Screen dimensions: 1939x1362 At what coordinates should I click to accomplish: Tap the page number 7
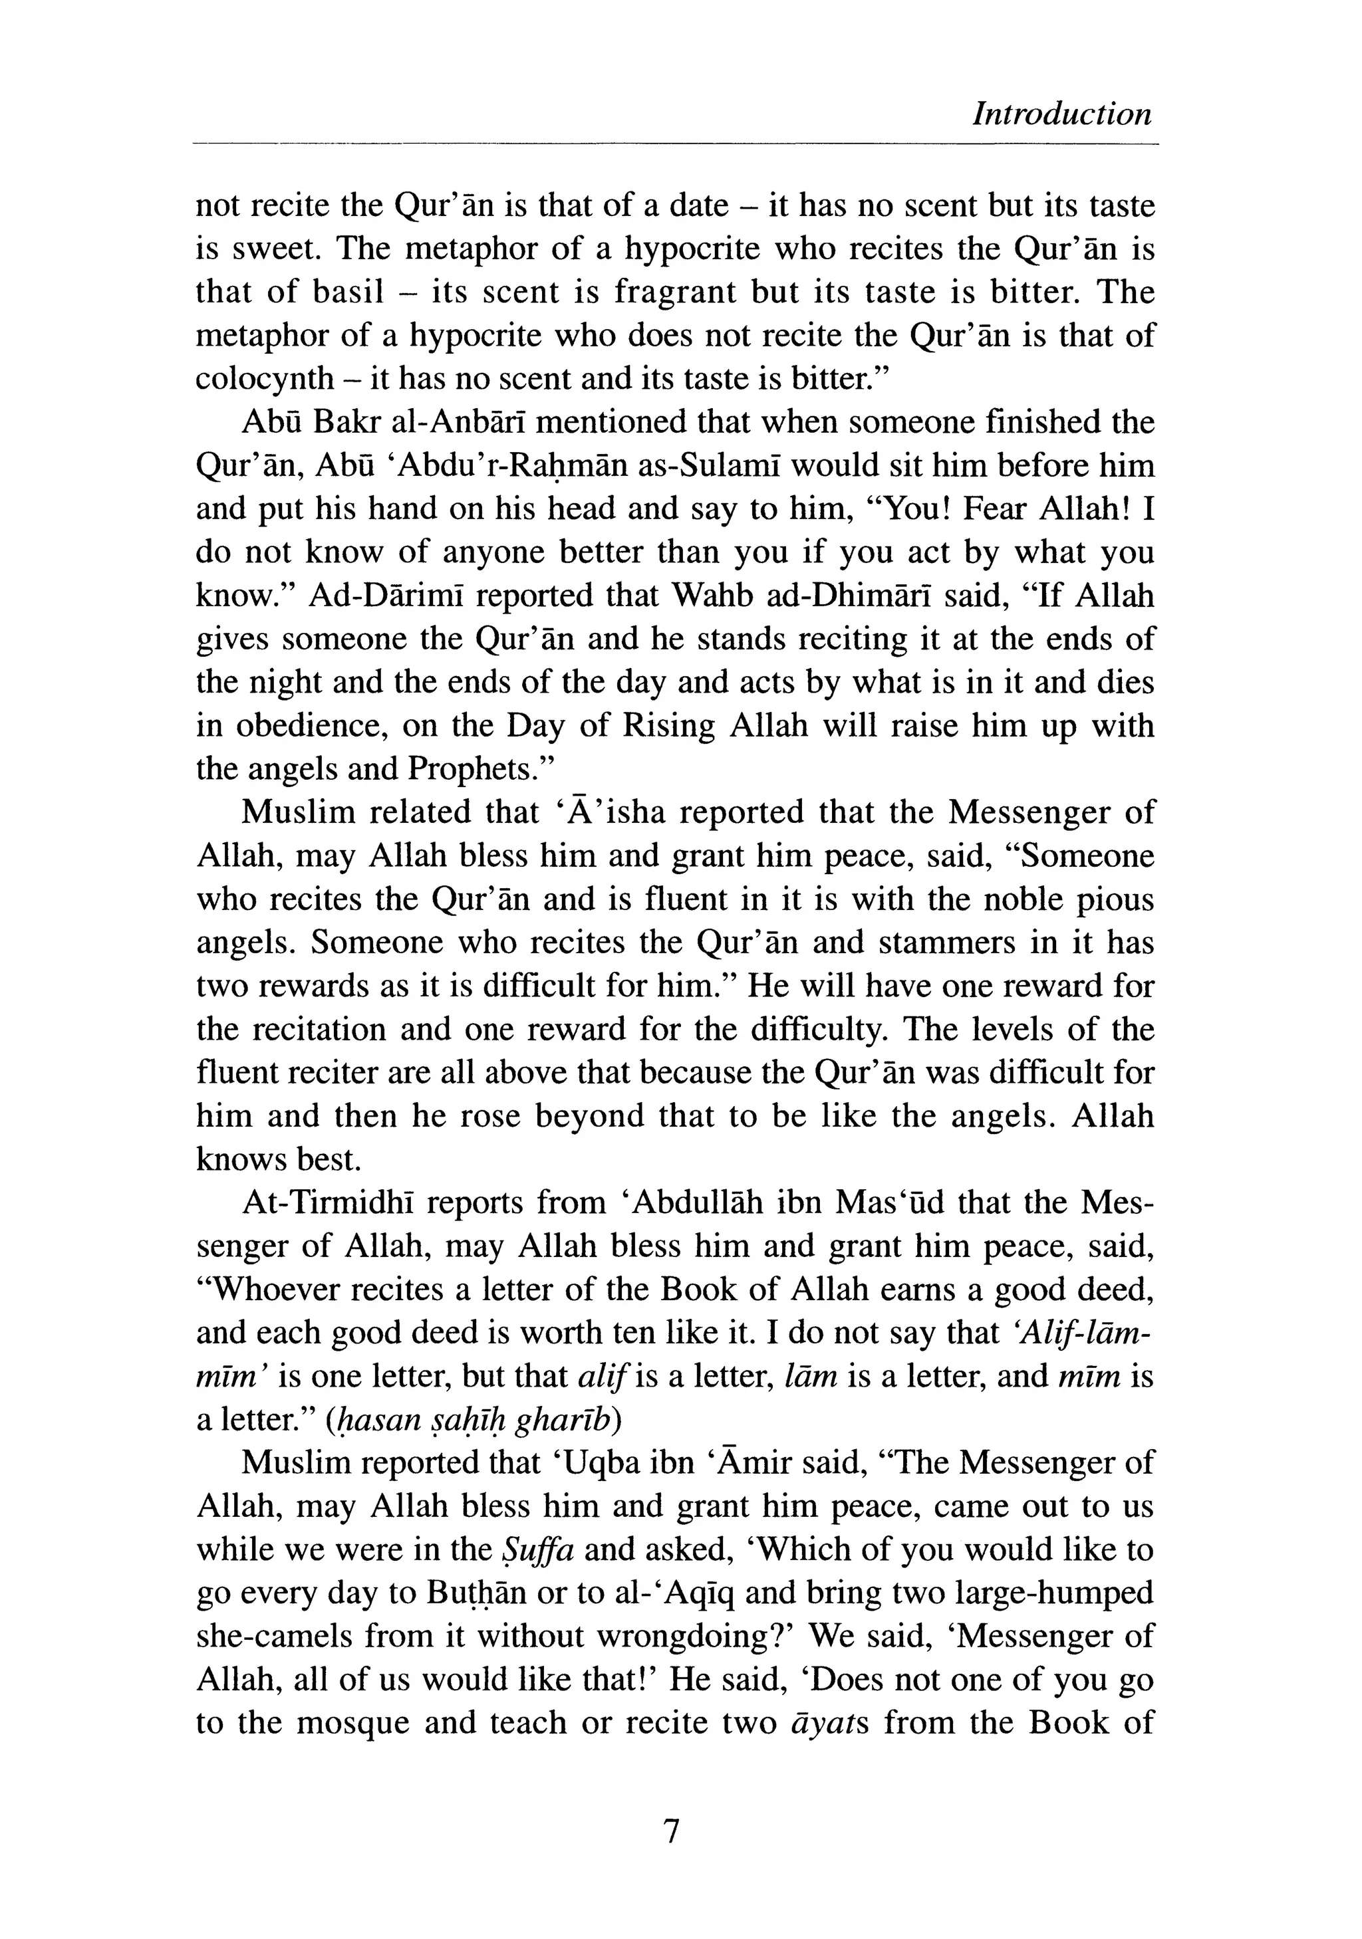point(672,1832)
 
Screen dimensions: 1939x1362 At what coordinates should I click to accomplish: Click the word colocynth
point(265,378)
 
